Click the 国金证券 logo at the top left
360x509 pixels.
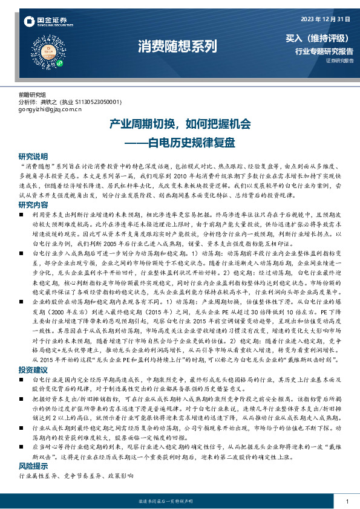coord(46,22)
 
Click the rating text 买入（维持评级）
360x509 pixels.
coord(319,39)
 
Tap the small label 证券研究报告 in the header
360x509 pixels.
coord(340,60)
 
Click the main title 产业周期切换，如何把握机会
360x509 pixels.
coord(180,125)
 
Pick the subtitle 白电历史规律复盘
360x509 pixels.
coord(188,143)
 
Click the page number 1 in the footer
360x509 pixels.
coord(347,502)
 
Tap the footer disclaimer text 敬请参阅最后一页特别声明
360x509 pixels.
coord(180,502)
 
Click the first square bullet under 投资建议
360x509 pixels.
coord(22,379)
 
